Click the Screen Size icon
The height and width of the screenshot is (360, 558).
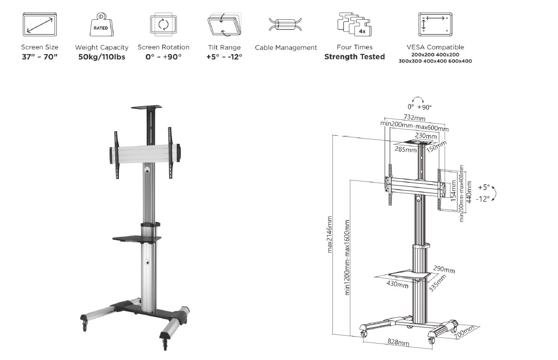pos(40,24)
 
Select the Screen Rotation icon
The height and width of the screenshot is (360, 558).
pos(163,24)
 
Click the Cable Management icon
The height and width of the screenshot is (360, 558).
pos(285,25)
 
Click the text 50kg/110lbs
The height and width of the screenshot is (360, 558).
pos(102,57)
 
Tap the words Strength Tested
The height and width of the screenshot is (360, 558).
pos(354,57)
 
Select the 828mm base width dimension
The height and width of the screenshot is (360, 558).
pos(399,343)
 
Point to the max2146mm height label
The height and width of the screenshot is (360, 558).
pos(330,234)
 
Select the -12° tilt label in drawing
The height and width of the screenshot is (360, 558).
pos(482,199)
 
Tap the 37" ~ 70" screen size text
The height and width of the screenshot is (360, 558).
pos(40,57)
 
